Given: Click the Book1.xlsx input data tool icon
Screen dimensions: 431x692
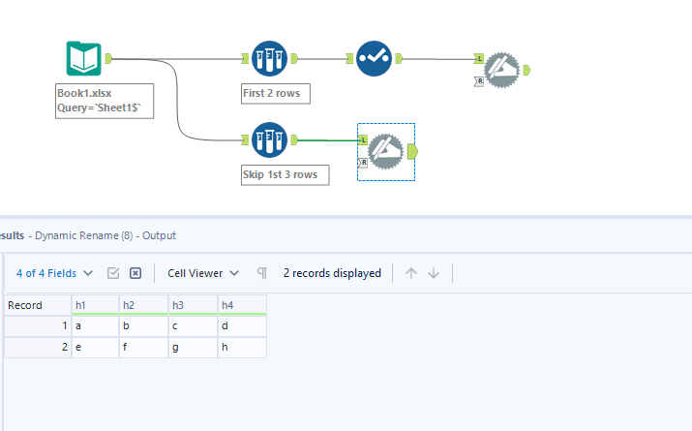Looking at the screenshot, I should pyautogui.click(x=84, y=59).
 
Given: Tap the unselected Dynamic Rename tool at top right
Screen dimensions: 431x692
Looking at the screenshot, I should pyautogui.click(x=501, y=69).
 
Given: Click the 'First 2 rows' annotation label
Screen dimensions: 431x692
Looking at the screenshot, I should pyautogui.click(x=276, y=94).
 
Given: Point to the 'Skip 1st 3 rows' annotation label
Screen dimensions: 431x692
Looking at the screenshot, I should pyautogui.click(x=286, y=174).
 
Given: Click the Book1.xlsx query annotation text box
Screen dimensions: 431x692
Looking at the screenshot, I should pyautogui.click(x=105, y=101).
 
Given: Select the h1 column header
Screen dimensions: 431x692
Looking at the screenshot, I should pyautogui.click(x=95, y=305).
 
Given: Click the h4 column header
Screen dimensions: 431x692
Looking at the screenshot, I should pyautogui.click(x=242, y=305).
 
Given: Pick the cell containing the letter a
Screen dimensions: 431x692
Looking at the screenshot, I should pyautogui.click(x=95, y=326).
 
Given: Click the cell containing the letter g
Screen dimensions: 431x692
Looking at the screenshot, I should pyautogui.click(x=193, y=347).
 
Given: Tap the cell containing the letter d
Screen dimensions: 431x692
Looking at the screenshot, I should pyautogui.click(x=242, y=326).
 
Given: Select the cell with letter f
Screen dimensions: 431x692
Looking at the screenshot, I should pyautogui.click(x=143, y=347).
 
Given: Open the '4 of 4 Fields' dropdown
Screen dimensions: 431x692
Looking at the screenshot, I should pyautogui.click(x=55, y=273).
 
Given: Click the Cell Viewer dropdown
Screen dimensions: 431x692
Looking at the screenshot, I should pyautogui.click(x=203, y=273).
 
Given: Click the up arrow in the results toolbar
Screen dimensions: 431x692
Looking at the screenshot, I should pyautogui.click(x=411, y=273).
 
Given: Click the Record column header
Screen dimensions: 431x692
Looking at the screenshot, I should pyautogui.click(x=37, y=305).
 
